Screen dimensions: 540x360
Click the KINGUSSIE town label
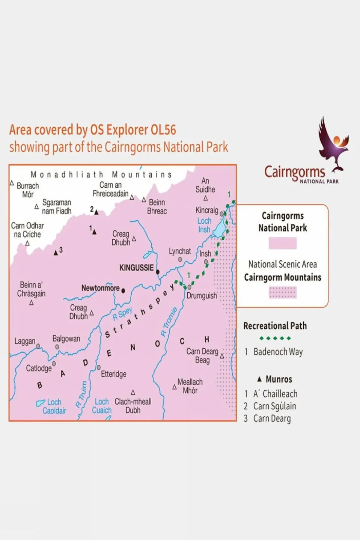click(136, 268)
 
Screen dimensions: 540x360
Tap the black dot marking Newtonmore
click(123, 290)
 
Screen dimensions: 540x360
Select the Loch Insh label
click(204, 225)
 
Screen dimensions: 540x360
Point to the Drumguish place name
click(202, 296)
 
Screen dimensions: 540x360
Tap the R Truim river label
click(81, 394)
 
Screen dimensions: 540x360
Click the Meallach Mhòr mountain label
click(190, 386)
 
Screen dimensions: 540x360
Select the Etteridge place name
click(113, 374)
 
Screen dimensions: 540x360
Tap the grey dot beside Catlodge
click(54, 364)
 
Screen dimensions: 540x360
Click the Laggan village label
click(25, 341)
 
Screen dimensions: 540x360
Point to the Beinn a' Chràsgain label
click(31, 289)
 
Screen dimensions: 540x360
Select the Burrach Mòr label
click(28, 190)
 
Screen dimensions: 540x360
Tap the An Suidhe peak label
click(205, 185)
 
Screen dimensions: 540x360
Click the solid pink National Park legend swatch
click(282, 243)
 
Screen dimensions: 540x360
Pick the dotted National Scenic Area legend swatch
click(282, 292)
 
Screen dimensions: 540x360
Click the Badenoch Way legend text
click(278, 352)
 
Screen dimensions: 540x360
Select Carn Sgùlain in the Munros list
click(274, 406)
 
